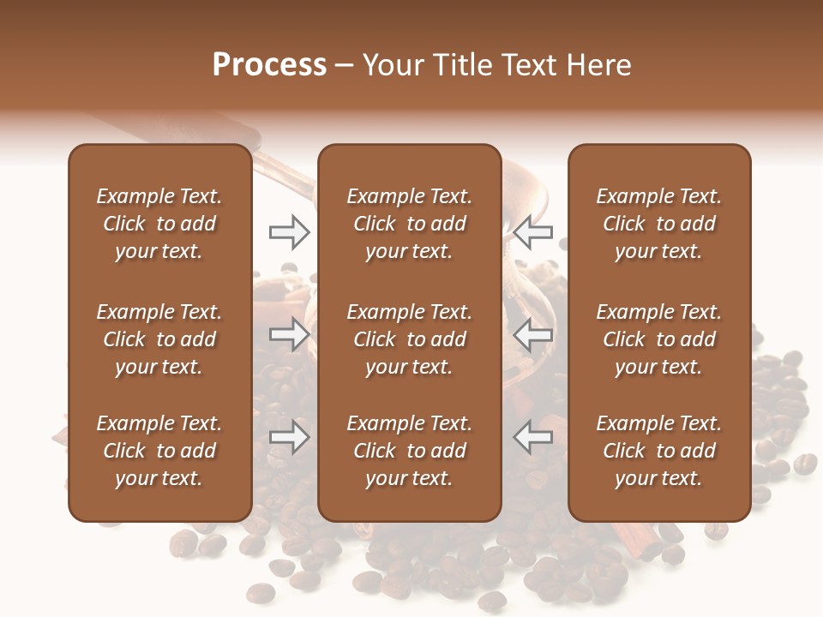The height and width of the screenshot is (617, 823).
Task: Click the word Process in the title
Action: (x=269, y=65)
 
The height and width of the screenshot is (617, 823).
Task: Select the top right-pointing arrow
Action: (x=290, y=231)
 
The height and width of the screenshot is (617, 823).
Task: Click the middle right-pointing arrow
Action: (x=290, y=335)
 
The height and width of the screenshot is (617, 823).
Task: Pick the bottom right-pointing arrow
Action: (x=290, y=438)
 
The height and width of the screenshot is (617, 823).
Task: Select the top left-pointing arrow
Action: (x=532, y=231)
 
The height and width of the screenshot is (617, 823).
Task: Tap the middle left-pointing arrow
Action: (x=532, y=335)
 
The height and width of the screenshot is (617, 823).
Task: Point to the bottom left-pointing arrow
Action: (x=532, y=438)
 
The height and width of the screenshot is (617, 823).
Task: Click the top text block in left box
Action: (x=159, y=224)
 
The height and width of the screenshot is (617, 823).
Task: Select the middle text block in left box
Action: (x=159, y=339)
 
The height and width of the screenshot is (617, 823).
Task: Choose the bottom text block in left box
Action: (x=159, y=451)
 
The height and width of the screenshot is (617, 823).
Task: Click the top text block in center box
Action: (x=409, y=224)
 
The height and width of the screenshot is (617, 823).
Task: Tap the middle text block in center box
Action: (x=409, y=339)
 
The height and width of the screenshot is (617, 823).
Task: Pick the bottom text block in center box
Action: (x=409, y=451)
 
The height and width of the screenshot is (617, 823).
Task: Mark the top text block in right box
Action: (x=658, y=224)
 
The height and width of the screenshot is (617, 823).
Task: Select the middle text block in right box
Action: (x=658, y=339)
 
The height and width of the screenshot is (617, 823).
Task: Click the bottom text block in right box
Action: (x=658, y=451)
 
